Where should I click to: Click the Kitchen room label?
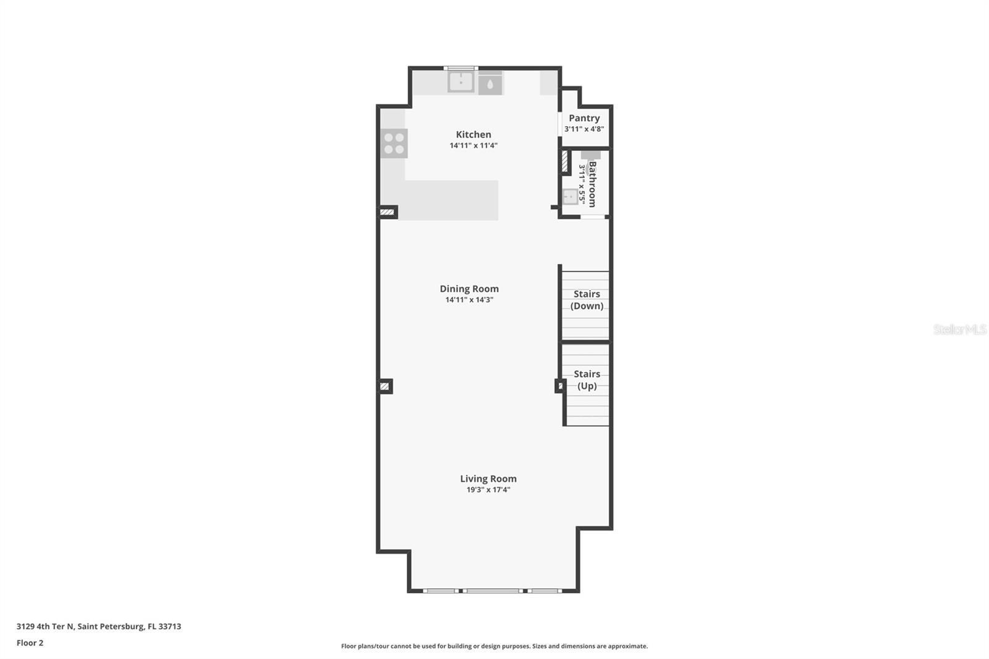coord(473,134)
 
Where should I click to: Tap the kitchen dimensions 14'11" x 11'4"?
coord(473,146)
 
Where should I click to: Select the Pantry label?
coord(584,118)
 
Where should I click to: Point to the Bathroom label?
coord(592,184)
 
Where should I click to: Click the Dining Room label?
coord(469,289)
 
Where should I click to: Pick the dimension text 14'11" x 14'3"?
coord(469,300)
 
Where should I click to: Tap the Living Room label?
coord(488,478)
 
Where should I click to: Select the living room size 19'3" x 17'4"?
coord(488,490)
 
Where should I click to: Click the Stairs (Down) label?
coord(587,300)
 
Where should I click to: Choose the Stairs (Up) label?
coord(587,380)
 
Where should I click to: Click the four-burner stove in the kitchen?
coord(394,143)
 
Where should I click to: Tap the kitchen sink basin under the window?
coord(461,82)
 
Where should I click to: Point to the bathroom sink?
coord(570,197)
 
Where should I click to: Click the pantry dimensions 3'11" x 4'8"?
coord(584,129)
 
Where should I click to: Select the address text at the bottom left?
coord(99,626)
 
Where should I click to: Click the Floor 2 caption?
coord(30,643)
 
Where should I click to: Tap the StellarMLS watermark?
coord(959,329)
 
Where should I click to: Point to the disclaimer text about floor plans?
coord(494,646)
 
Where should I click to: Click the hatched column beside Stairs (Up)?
coord(560,386)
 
